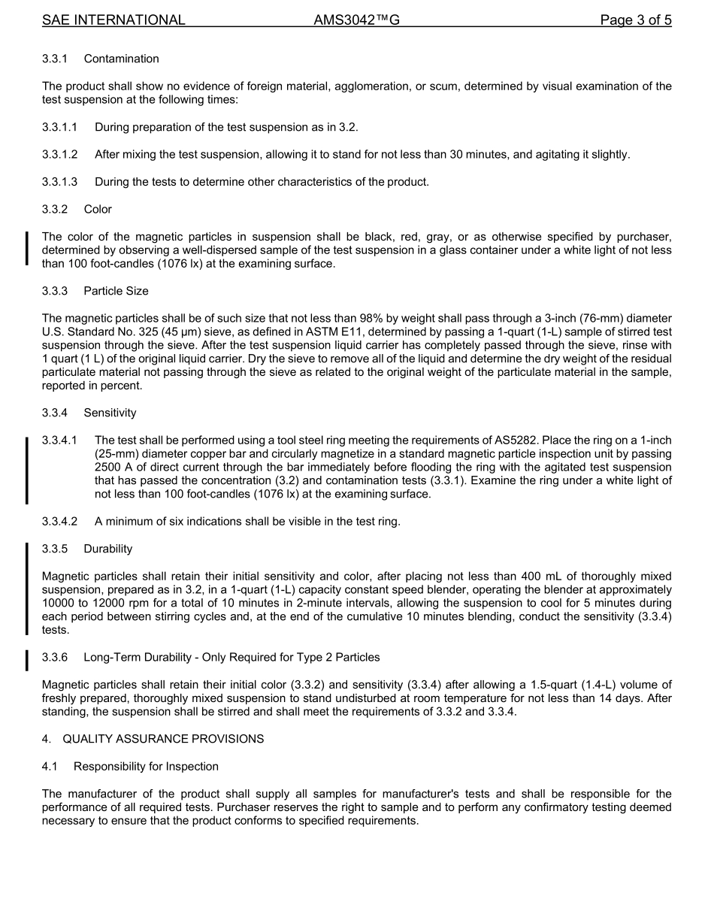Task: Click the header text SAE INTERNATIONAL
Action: coord(113,20)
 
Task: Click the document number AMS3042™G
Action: coord(356,20)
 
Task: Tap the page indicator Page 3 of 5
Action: coord(635,20)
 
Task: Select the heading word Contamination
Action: coord(121,59)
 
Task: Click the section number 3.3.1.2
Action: coord(60,155)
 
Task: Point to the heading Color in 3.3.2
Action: coord(98,209)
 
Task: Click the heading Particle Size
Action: coord(116,291)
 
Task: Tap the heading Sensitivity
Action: coord(110,413)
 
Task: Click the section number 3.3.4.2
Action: coord(60,522)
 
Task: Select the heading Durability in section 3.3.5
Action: coord(107,549)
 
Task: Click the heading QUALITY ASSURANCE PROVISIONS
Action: coord(163,739)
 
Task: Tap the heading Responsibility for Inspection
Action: coord(146,767)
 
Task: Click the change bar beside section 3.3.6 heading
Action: coord(27,659)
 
